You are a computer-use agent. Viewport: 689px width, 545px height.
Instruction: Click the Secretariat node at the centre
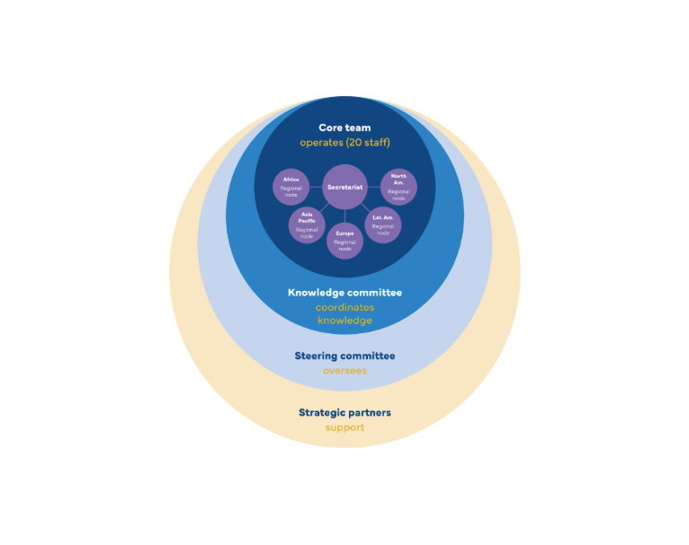[x=344, y=187]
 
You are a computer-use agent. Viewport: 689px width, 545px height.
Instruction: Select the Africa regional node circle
[x=291, y=187]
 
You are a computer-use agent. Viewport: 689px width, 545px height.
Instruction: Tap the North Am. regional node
[x=398, y=187]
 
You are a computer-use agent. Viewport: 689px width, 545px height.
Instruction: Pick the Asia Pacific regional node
[x=307, y=224]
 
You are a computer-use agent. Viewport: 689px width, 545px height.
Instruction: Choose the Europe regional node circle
[x=344, y=241]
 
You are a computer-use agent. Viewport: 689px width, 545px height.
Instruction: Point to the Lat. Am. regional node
[x=383, y=224]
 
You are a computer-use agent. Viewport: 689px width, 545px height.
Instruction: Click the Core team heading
[x=344, y=127]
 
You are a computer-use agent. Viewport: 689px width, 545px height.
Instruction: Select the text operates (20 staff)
[x=344, y=143]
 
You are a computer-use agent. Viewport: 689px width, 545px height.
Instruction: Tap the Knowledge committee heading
[x=344, y=293]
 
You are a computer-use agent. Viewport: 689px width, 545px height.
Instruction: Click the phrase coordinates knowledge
[x=344, y=313]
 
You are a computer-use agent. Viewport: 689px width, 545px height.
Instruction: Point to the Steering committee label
[x=344, y=356]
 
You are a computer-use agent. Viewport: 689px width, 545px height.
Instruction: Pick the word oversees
[x=344, y=371]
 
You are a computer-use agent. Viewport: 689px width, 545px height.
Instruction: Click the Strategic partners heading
[x=344, y=413]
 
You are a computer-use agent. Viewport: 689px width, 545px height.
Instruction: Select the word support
[x=344, y=427]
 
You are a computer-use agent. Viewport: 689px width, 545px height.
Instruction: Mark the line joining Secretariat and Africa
[x=316, y=187]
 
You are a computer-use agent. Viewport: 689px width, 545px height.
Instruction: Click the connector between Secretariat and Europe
[x=344, y=216]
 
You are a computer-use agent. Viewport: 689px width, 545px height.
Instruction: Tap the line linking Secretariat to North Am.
[x=374, y=187]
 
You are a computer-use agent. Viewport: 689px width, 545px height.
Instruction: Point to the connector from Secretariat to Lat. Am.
[x=366, y=208]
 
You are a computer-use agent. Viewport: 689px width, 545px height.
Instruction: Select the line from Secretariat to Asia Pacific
[x=324, y=207]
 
